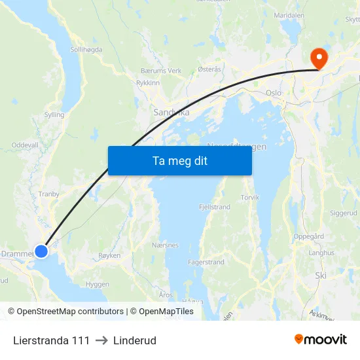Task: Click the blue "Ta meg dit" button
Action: (179, 160)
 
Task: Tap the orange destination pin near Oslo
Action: (319, 58)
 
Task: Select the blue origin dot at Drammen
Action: (41, 251)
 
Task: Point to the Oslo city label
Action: (274, 93)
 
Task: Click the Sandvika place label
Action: (171, 113)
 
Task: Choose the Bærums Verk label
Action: (161, 71)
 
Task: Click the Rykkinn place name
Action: (147, 83)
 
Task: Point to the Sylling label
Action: (54, 115)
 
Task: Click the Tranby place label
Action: (48, 194)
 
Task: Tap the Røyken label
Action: (109, 256)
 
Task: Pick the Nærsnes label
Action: (164, 245)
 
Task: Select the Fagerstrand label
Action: (206, 262)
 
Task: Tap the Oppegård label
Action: (309, 236)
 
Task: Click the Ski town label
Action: (320, 276)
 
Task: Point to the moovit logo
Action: (320, 340)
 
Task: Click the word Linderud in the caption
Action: (134, 340)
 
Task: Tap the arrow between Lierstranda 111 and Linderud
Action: (101, 340)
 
